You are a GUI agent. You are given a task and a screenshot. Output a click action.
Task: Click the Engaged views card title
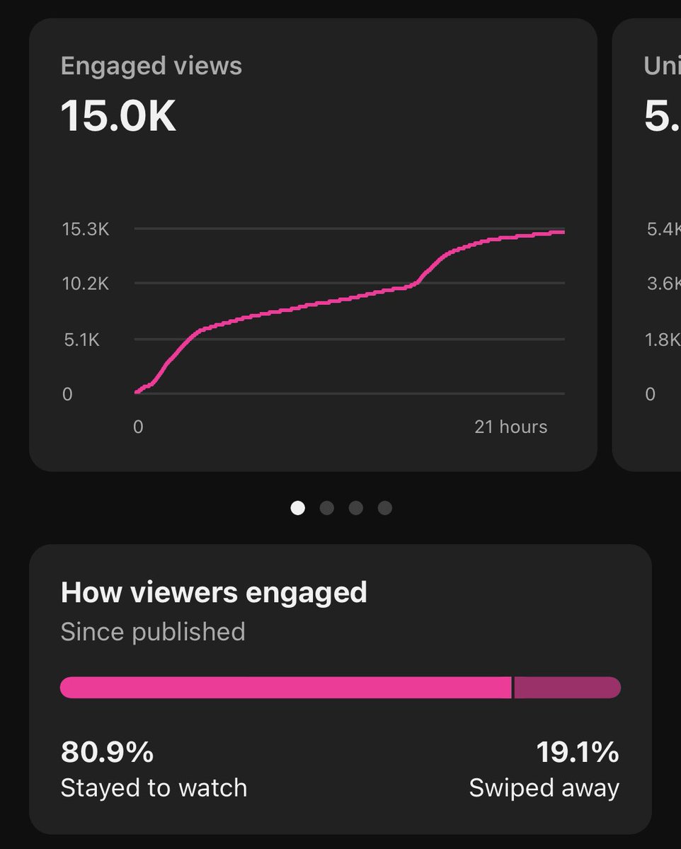[151, 67]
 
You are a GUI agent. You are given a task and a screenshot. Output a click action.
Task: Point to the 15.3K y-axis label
[86, 229]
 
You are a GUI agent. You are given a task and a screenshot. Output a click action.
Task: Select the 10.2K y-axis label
[86, 284]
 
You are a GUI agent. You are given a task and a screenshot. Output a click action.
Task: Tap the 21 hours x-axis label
[510, 427]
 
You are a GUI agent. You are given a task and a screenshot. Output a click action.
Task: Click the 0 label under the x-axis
[138, 427]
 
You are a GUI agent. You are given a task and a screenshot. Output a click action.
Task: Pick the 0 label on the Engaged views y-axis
[67, 394]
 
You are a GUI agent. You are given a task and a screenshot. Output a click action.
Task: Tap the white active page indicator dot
[298, 508]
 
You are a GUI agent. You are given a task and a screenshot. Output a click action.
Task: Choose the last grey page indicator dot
[384, 508]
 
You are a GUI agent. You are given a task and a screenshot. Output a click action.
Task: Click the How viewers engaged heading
[214, 592]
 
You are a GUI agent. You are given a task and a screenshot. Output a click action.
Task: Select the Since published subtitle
[153, 632]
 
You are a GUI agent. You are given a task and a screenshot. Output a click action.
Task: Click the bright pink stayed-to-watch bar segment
[285, 688]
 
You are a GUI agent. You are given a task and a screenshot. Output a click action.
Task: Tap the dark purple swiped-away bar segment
[566, 688]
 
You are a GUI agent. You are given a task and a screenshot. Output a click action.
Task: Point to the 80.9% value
[107, 753]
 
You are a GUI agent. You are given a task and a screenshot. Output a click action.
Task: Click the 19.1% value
[577, 753]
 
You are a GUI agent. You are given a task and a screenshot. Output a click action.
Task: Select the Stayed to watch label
[154, 787]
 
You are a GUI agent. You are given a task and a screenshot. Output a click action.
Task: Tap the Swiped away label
[544, 787]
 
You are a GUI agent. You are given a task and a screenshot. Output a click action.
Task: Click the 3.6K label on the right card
[663, 284]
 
